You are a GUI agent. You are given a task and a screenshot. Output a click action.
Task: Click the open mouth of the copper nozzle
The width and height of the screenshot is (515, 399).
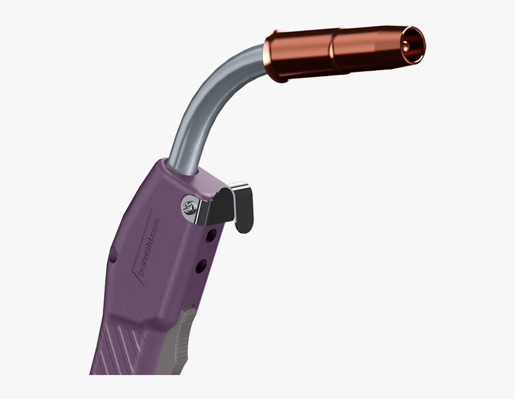413,45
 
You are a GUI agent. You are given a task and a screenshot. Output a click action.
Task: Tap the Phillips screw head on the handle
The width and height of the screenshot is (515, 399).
188,207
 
